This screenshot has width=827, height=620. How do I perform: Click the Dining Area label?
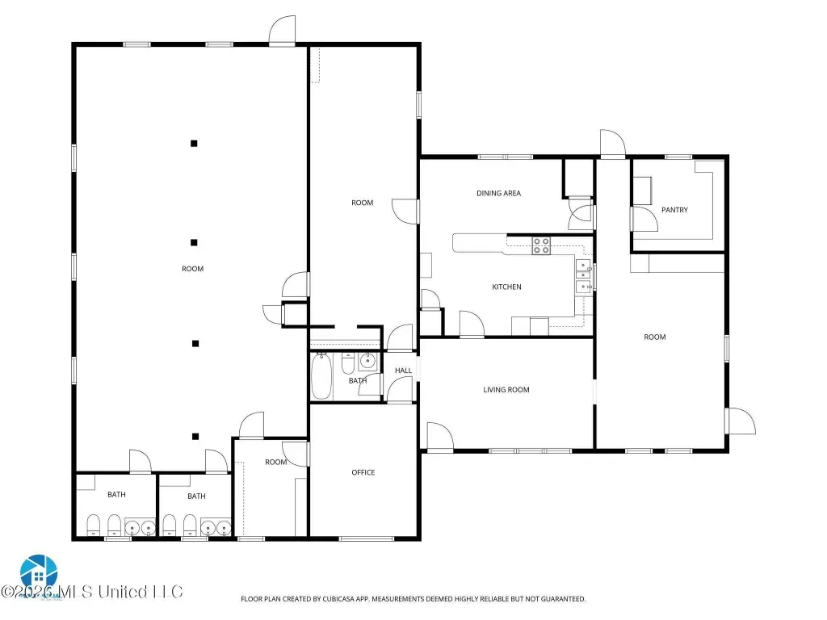coord(498,194)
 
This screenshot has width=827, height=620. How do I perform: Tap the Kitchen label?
coord(506,287)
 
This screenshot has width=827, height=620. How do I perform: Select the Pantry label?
coord(674,210)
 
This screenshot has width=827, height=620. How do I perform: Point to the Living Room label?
coord(506,390)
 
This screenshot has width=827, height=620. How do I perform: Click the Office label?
coord(363,472)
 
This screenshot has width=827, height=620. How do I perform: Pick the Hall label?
coord(404,371)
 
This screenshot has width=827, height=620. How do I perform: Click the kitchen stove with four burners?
coord(541,245)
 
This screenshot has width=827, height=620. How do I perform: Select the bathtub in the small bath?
coord(321,376)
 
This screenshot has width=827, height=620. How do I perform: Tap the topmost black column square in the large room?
coord(194,144)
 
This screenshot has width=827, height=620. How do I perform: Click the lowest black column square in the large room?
coord(195,437)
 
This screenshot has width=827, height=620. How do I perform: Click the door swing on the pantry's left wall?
coord(644,219)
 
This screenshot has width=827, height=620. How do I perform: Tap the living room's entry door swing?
coord(440,437)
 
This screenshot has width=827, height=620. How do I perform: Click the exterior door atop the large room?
coord(282,31)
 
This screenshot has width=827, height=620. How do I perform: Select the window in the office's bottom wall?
coord(366,538)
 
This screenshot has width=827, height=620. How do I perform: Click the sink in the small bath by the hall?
coord(367,362)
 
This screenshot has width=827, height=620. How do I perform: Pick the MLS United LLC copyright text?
coord(92,592)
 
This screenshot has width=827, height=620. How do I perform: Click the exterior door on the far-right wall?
coord(741,421)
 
